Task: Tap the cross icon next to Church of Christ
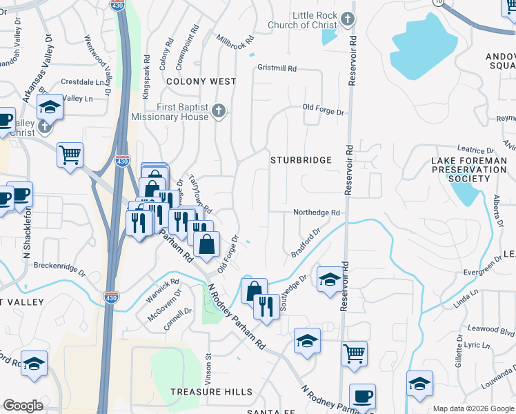tap(348, 19)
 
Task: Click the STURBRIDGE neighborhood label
tap(301, 160)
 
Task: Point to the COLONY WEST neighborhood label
tap(199, 81)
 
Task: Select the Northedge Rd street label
tap(317, 213)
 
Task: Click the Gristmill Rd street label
tap(277, 69)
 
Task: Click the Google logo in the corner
tap(23, 406)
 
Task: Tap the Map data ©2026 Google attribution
tap(473, 408)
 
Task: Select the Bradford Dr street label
tap(306, 243)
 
